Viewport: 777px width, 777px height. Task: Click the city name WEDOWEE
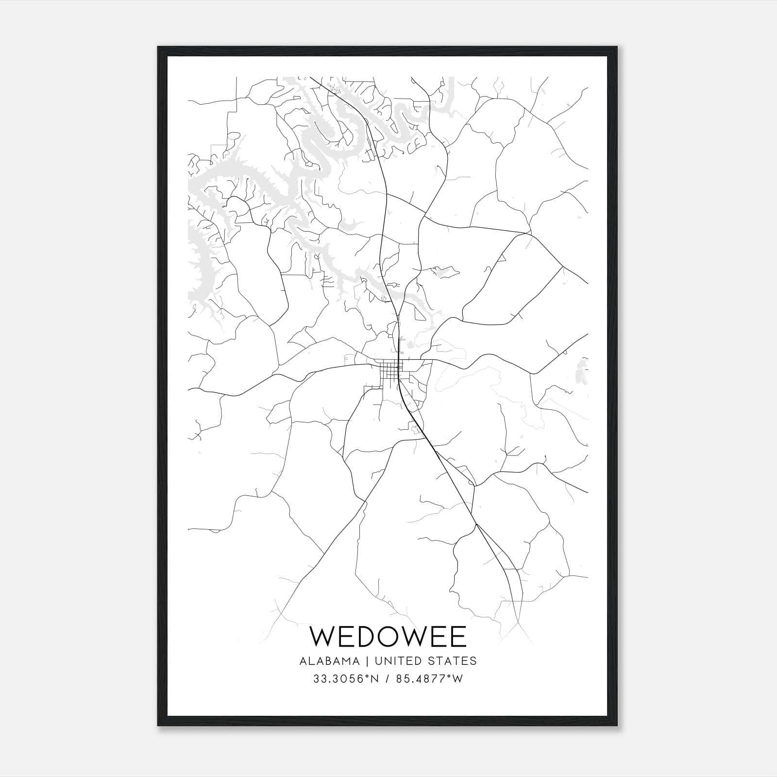pyautogui.click(x=388, y=637)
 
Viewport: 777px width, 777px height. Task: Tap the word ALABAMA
pyautogui.click(x=330, y=661)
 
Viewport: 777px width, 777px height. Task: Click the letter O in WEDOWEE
pyautogui.click(x=393, y=637)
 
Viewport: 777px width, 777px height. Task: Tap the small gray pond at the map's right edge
pyautogui.click(x=579, y=374)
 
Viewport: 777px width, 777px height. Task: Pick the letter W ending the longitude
pyautogui.click(x=458, y=679)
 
